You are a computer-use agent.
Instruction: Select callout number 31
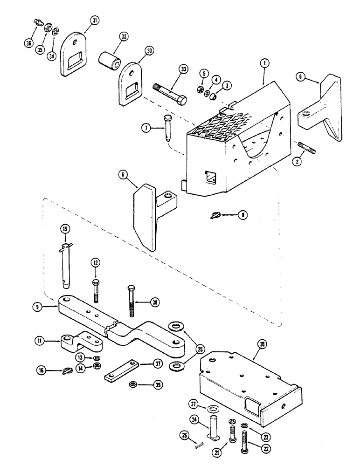tap(95, 21)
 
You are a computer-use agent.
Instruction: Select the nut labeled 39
tap(133, 385)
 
